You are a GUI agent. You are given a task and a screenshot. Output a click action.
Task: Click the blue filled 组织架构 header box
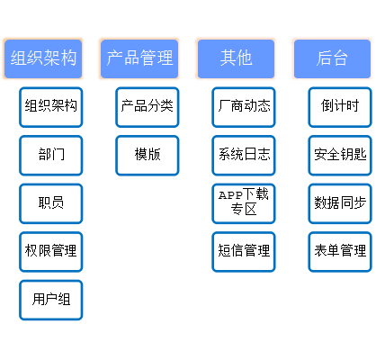(x=43, y=58)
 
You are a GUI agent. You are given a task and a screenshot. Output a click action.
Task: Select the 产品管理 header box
(x=139, y=58)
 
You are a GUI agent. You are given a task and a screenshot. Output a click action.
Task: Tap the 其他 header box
(x=236, y=58)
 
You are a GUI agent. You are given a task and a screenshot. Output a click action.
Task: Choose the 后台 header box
(x=332, y=58)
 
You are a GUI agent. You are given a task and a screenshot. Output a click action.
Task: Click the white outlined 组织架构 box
(x=51, y=107)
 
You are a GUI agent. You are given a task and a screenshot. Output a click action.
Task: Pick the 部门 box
(x=51, y=156)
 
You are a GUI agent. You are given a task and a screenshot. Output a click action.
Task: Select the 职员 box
(x=51, y=203)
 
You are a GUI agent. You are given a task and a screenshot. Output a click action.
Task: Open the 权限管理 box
(x=51, y=252)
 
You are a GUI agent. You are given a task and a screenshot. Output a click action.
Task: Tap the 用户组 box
(x=51, y=300)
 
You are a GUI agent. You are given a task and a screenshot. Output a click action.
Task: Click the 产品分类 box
(x=148, y=107)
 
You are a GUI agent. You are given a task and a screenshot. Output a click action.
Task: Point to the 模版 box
(x=148, y=156)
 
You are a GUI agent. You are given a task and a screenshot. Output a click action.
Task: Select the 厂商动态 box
(x=244, y=107)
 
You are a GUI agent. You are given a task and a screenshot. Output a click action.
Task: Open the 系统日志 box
(x=244, y=156)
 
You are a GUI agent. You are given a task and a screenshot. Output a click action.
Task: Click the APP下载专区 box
(x=244, y=203)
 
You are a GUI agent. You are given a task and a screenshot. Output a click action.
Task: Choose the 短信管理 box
(x=244, y=252)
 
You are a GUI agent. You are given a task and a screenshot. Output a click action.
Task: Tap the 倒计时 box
(x=340, y=107)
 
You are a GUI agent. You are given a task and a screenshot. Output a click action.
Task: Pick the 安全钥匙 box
(x=340, y=156)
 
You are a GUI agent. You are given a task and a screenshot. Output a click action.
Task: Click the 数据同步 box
(x=340, y=203)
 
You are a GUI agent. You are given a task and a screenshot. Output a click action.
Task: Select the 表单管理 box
(x=340, y=252)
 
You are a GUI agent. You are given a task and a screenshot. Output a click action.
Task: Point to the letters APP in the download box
(x=230, y=195)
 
